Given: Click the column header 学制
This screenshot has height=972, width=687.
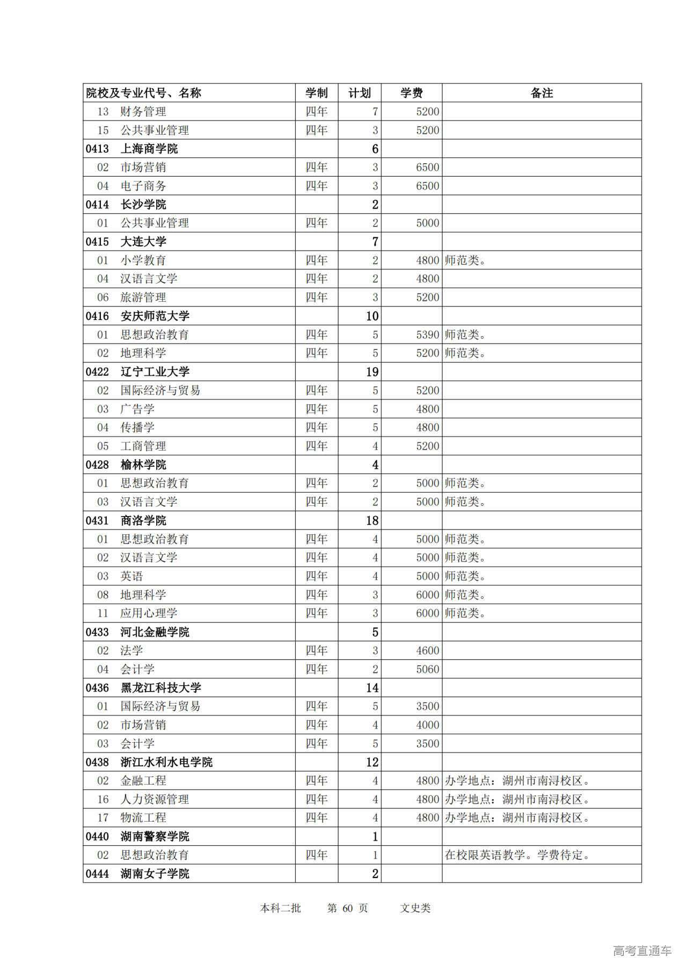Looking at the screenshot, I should [x=316, y=93].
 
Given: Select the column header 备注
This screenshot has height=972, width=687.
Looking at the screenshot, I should [x=541, y=93].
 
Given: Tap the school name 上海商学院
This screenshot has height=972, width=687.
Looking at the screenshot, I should [x=149, y=149].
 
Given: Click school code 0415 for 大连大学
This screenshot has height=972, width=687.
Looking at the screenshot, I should [x=97, y=242].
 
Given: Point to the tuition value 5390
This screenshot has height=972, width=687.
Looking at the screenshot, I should [x=427, y=335].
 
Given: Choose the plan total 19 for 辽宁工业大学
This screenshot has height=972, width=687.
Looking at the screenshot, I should [x=372, y=372].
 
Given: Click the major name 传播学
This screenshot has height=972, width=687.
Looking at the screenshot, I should [x=137, y=427].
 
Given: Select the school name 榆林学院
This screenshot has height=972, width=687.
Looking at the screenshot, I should [x=143, y=465].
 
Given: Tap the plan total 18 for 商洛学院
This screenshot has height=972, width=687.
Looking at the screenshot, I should [x=372, y=520].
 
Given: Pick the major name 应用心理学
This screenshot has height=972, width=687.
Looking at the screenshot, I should [x=149, y=613].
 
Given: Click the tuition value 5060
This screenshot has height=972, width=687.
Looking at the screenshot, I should [x=427, y=669].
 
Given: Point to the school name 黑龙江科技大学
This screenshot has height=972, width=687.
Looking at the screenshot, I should [x=160, y=688].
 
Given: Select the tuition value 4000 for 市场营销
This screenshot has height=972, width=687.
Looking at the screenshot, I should [x=427, y=725].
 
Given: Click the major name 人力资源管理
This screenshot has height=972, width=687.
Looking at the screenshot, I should [x=155, y=799].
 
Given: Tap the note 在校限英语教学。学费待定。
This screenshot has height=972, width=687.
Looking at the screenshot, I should [x=517, y=855].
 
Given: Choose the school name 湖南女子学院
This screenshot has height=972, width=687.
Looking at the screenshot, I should [x=155, y=874].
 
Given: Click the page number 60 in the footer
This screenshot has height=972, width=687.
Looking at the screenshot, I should [x=347, y=908].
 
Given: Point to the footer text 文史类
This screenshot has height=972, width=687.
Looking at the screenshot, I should [x=415, y=908].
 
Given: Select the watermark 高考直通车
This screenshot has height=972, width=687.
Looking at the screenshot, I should [x=642, y=951].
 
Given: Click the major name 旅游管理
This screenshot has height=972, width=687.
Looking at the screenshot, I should [x=143, y=298].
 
